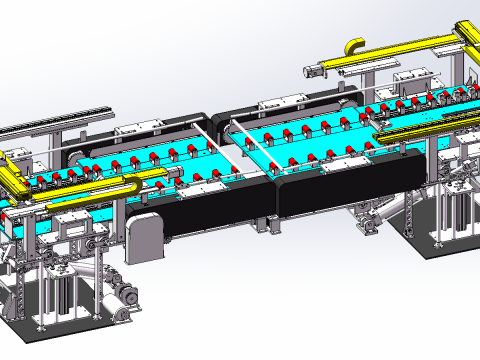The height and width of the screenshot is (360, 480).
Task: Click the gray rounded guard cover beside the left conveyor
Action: pyautogui.click(x=144, y=235)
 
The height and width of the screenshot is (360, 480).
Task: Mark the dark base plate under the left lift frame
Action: pyautogui.click(x=60, y=325)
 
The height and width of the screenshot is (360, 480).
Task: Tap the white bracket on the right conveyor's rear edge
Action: pyautogui.click(x=270, y=103)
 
